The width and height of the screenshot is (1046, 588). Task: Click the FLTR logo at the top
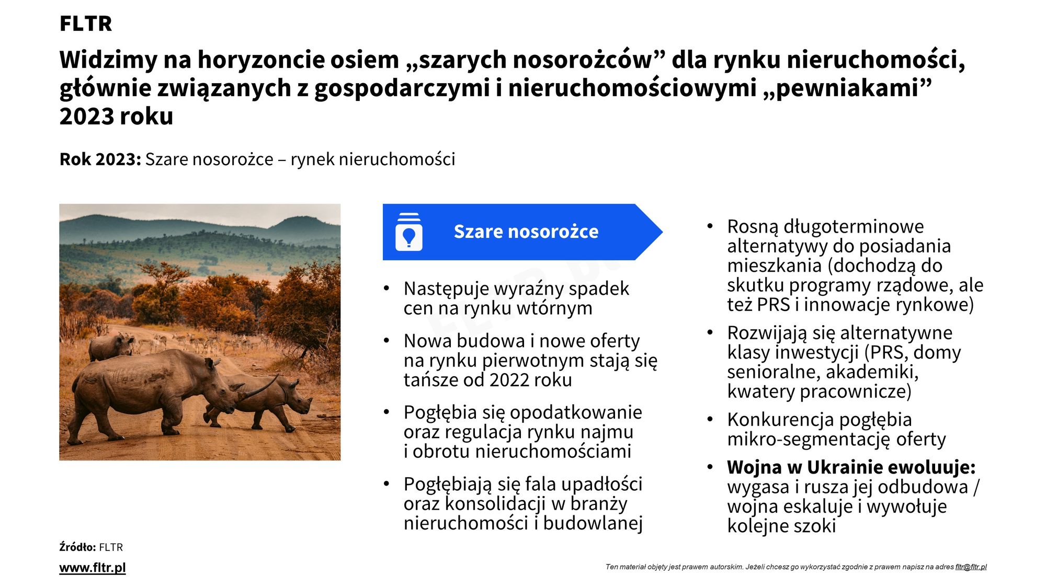86,24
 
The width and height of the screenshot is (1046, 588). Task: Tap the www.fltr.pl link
93,568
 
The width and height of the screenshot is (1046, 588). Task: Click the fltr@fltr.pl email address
971,567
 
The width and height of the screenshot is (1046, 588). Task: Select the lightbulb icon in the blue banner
409,232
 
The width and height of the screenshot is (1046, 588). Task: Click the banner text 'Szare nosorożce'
526,232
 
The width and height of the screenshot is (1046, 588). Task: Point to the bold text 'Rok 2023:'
100,159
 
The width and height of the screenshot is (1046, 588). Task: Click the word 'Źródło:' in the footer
77,547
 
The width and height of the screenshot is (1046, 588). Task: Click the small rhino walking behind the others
111,346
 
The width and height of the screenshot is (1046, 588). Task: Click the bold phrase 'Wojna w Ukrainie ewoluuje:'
851,467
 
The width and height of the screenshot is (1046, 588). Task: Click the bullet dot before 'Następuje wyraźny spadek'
386,289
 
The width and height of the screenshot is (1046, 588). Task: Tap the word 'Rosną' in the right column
753,227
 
